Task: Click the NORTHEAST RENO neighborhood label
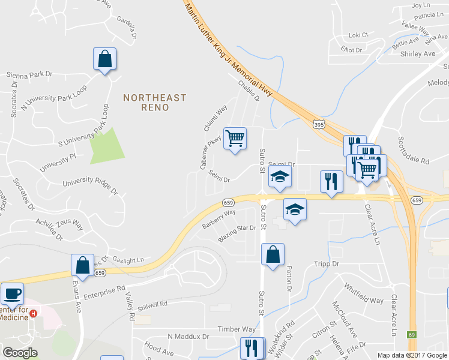coord(154,102)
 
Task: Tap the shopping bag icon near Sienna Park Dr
coord(104,59)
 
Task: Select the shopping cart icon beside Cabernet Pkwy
coord(235,139)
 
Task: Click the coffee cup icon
coord(12,294)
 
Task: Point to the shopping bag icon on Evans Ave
coord(82,266)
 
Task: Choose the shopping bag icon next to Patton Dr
coord(273,254)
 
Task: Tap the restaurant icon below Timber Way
coord(252,348)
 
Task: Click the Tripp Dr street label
coord(327,263)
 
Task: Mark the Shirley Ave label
coord(417,53)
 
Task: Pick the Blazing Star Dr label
coord(237,232)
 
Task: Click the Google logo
coord(20,353)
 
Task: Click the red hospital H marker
coord(34,313)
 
